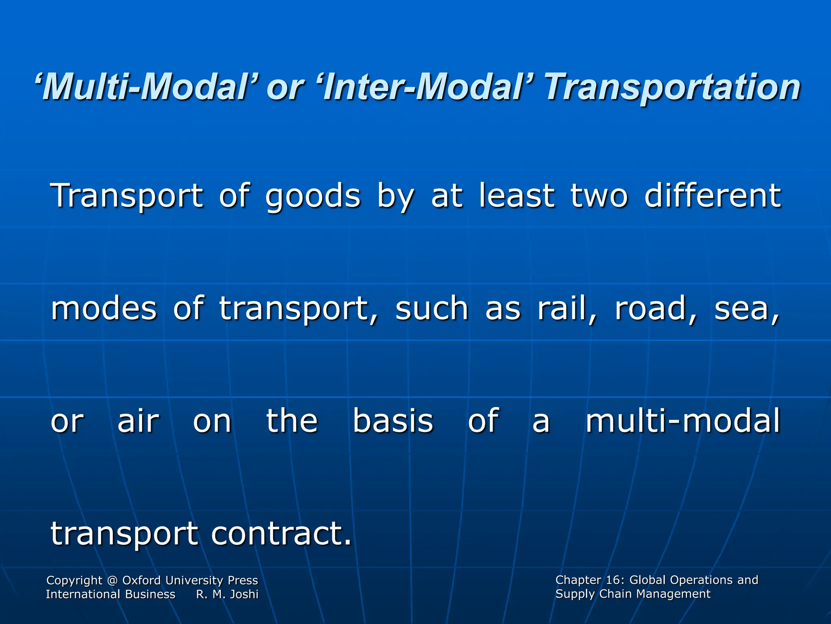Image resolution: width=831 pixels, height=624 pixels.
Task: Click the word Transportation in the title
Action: pyautogui.click(x=672, y=87)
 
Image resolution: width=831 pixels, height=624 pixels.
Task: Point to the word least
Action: pyautogui.click(x=517, y=196)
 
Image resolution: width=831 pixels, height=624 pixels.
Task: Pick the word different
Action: pyautogui.click(x=712, y=196)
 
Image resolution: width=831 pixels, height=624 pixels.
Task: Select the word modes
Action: pyautogui.click(x=103, y=309)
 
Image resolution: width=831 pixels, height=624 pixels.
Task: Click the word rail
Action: pyautogui.click(x=566, y=309)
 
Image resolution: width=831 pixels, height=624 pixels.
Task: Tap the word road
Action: pyautogui.click(x=655, y=309)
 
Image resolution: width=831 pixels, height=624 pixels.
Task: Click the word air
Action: pyautogui.click(x=138, y=421)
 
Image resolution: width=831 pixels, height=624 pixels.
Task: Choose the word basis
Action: pyautogui.click(x=393, y=421)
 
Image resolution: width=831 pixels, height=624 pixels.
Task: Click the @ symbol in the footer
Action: pyautogui.click(x=112, y=581)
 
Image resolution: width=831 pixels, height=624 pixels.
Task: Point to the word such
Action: pyautogui.click(x=432, y=309)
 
